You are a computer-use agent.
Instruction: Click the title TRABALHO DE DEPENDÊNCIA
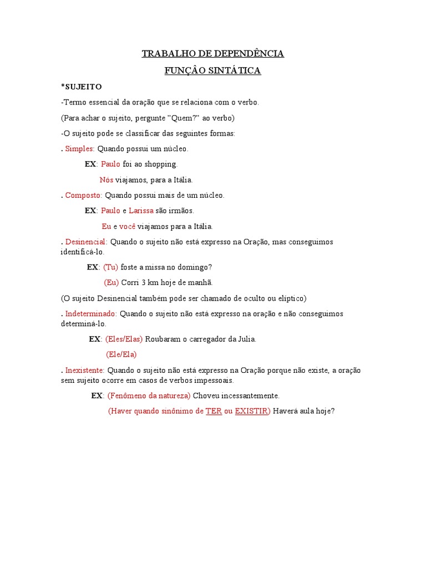[213, 54]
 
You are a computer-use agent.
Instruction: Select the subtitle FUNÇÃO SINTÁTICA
[213, 71]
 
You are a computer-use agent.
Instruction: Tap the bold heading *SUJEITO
[81, 87]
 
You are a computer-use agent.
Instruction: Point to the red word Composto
[83, 196]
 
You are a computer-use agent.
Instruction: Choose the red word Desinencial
[86, 242]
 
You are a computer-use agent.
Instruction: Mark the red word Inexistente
[84, 370]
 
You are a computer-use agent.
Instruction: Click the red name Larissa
[141, 211]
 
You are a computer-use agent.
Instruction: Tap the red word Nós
[106, 180]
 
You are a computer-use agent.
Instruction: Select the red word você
[127, 227]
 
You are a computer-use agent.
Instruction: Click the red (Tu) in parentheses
[110, 267]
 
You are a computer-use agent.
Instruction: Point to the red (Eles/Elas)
[124, 339]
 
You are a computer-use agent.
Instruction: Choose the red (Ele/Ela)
[121, 355]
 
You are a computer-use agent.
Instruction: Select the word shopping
[160, 164]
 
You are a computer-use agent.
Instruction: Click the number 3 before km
[143, 283]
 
